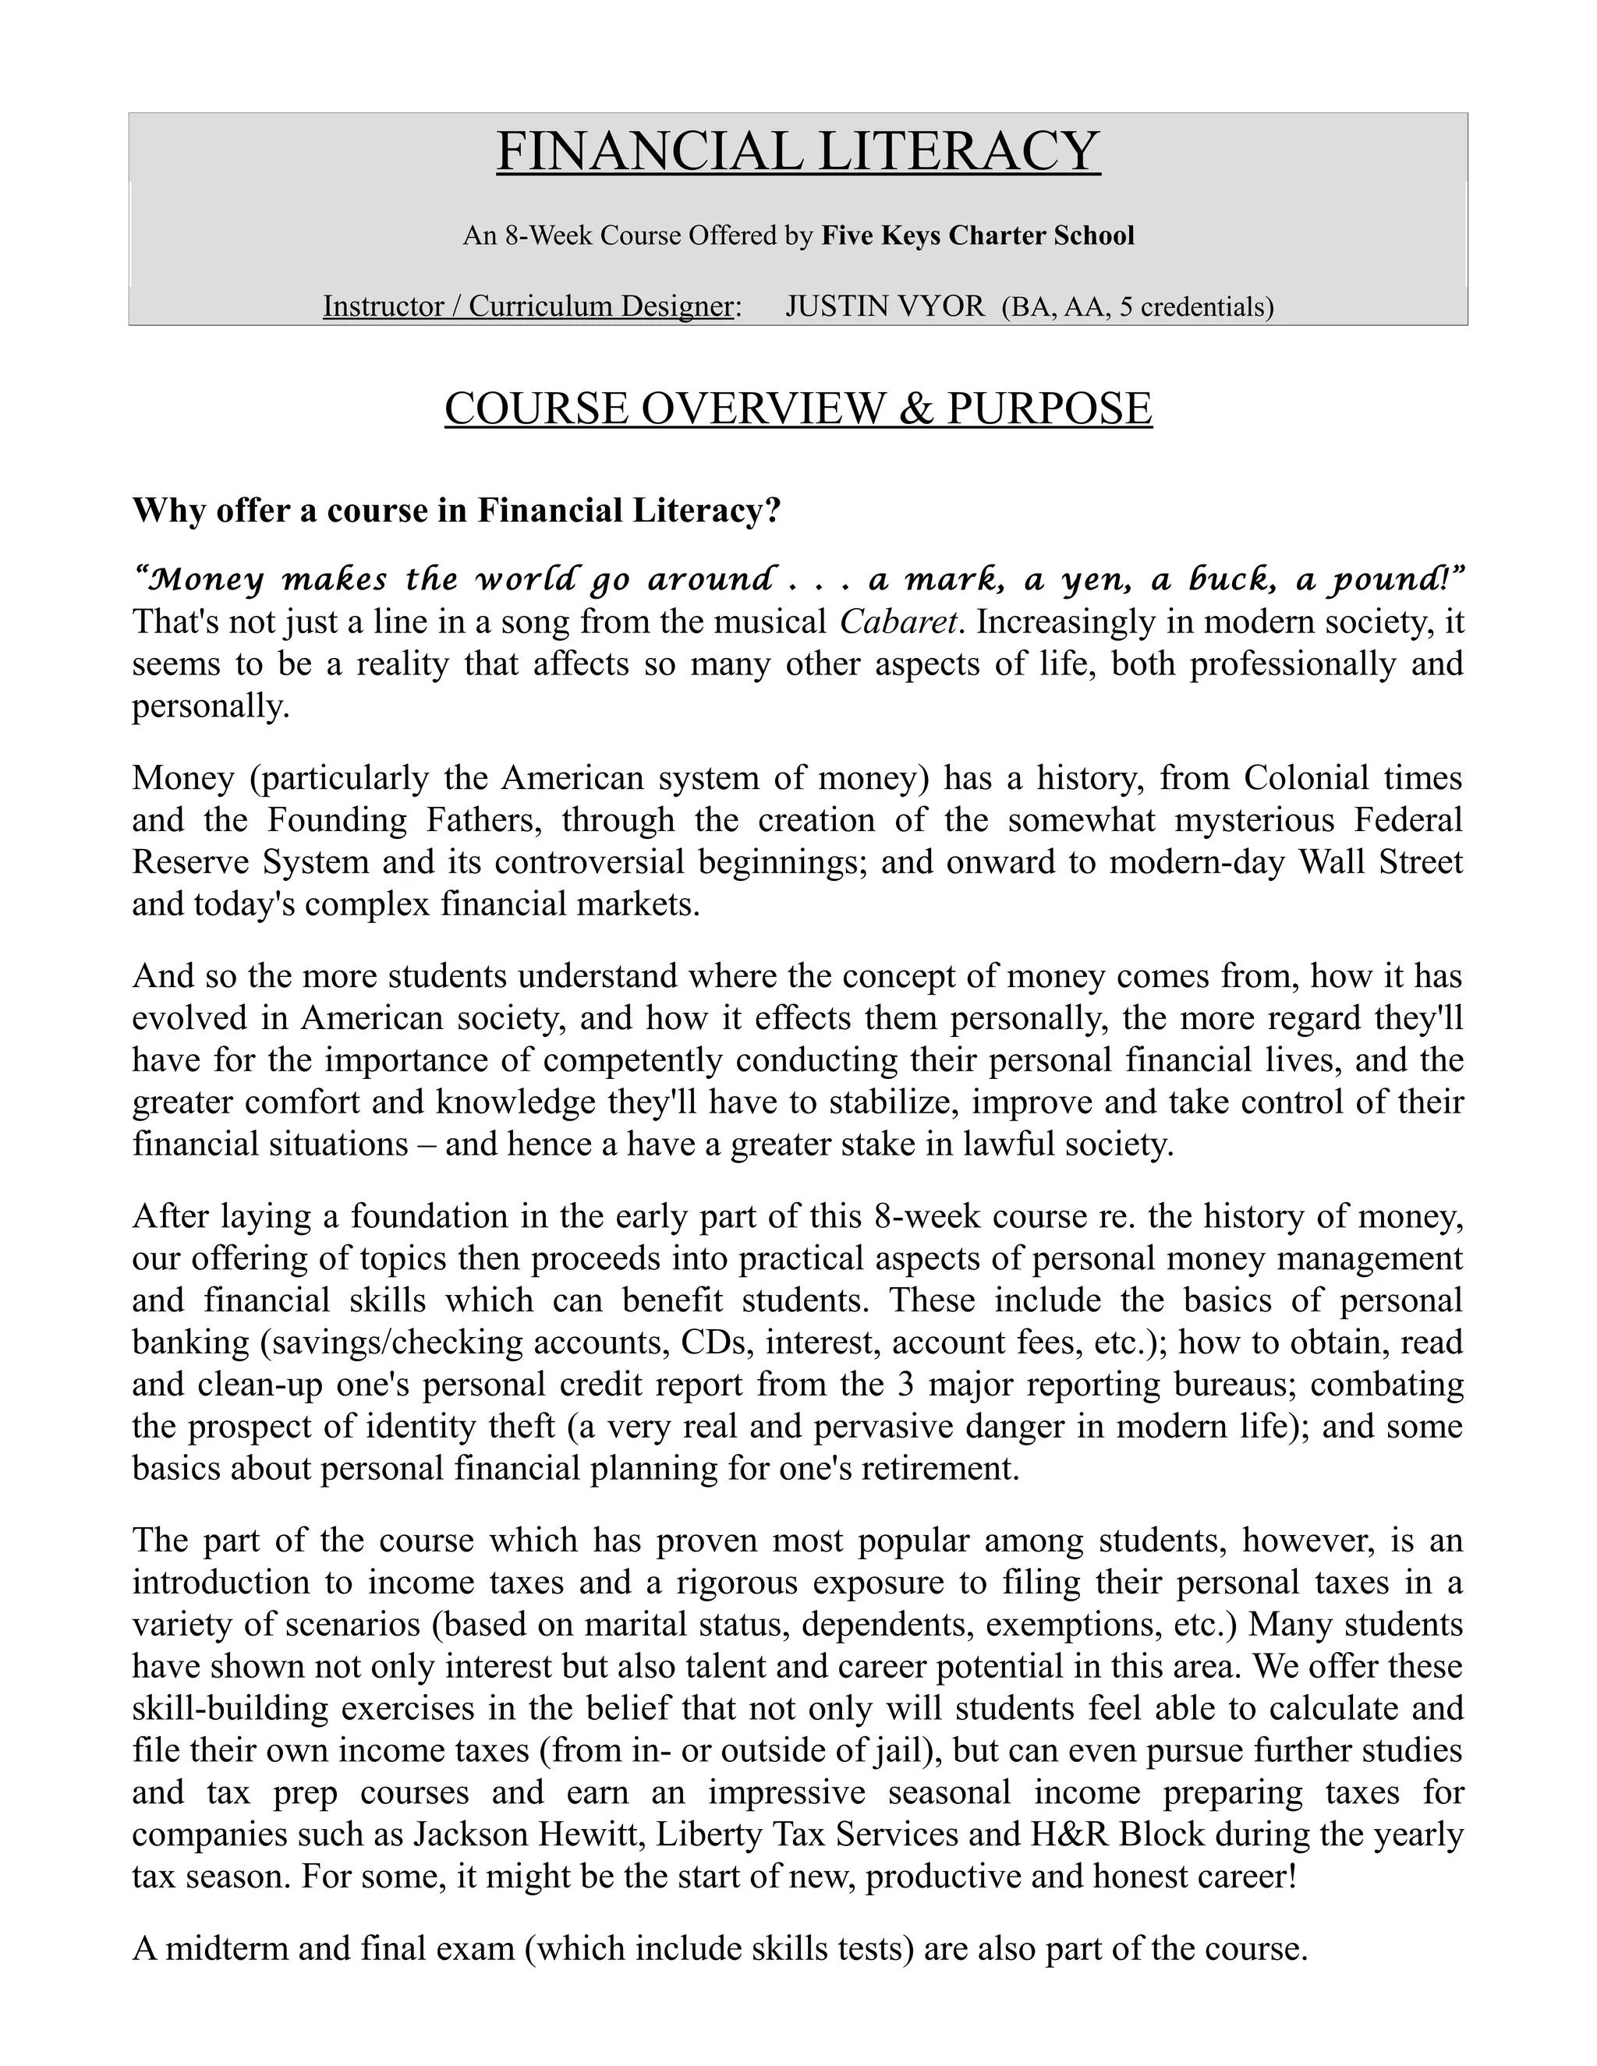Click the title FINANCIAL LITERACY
click(798, 151)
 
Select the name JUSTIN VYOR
click(884, 306)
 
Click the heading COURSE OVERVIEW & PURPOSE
click(798, 409)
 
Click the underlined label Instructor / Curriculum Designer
click(529, 306)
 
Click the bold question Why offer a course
click(456, 510)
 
